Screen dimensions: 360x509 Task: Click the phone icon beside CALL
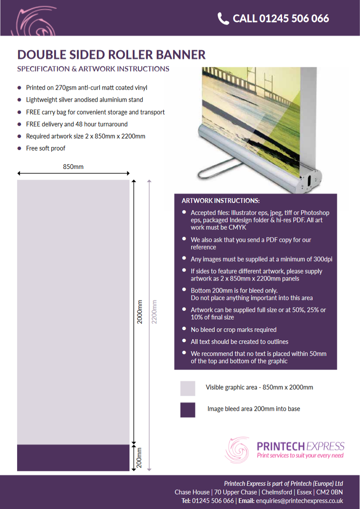(223, 18)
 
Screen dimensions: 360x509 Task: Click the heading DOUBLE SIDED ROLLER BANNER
(111, 54)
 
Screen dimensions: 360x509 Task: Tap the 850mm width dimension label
(73, 167)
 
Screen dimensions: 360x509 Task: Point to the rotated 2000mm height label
(140, 312)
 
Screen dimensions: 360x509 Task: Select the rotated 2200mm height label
(154, 312)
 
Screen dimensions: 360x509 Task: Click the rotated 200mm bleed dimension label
(139, 458)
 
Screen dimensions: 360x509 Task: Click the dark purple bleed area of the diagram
(73, 458)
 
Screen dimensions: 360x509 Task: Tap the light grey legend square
(188, 388)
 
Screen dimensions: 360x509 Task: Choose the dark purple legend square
(188, 410)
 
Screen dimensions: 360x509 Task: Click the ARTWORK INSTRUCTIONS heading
(221, 201)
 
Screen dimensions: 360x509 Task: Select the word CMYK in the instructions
(237, 228)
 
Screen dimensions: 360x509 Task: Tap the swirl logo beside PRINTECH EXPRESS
(237, 450)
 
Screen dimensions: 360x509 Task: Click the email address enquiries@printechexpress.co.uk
(299, 501)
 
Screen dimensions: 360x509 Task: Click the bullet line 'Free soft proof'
(46, 148)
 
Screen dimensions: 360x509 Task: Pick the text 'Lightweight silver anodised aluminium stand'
(85, 100)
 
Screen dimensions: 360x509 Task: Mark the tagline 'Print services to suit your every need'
(300, 455)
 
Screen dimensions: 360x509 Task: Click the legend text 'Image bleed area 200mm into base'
(254, 409)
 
